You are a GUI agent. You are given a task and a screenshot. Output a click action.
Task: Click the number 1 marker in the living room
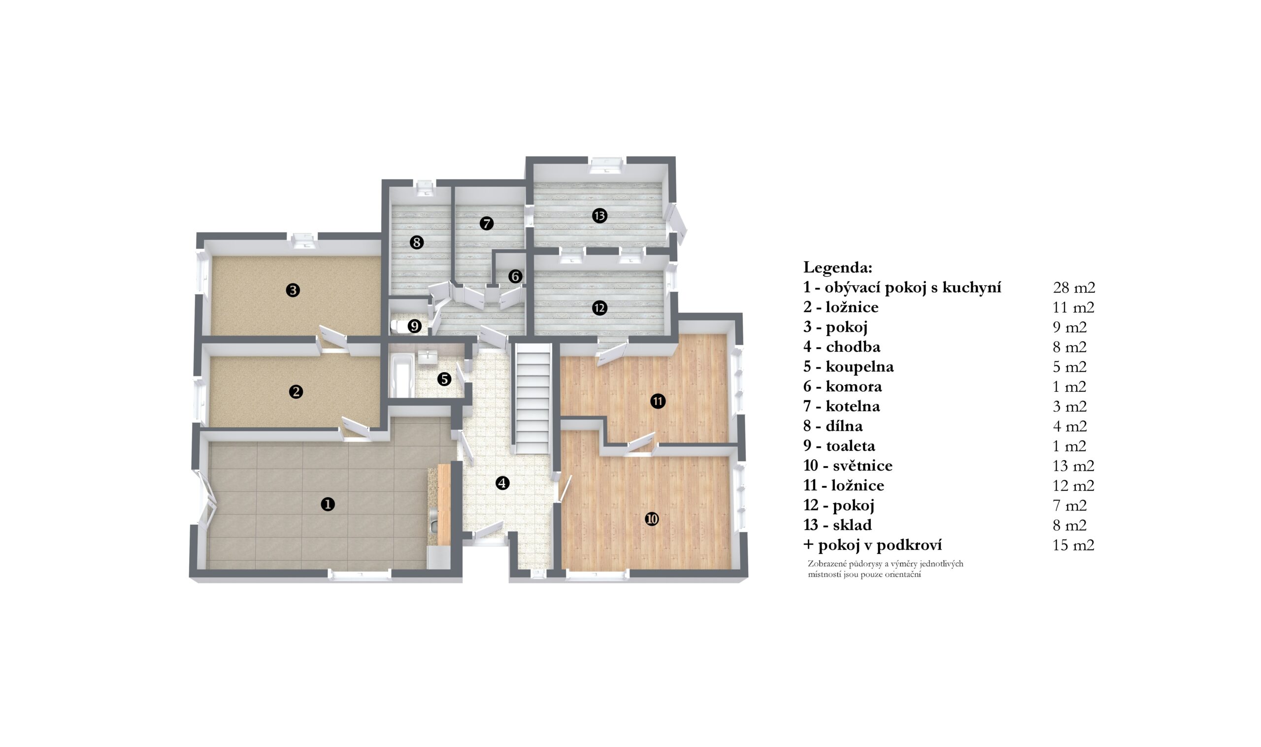coord(328,504)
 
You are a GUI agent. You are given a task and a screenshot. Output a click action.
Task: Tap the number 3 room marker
coord(293,290)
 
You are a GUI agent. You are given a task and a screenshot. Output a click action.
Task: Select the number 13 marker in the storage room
coord(599,216)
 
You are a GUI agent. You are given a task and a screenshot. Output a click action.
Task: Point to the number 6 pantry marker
coord(515,276)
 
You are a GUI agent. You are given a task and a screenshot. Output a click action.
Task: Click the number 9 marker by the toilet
coord(414,326)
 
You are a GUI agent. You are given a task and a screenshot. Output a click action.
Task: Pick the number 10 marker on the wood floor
coord(652,518)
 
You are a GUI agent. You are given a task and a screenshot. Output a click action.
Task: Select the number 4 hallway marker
coord(502,483)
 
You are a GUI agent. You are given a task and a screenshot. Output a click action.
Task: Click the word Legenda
coord(838,267)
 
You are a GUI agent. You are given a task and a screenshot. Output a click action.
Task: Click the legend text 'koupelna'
coord(860,367)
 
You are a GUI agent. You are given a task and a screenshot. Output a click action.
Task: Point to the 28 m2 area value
coord(1074,287)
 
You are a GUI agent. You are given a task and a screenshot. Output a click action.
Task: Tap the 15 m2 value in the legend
coord(1073,545)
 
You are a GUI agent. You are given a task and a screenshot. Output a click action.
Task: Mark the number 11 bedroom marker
coord(658,401)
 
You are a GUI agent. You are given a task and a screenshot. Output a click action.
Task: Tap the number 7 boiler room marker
coord(486,223)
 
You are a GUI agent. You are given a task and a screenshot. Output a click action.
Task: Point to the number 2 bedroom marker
coord(296,392)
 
